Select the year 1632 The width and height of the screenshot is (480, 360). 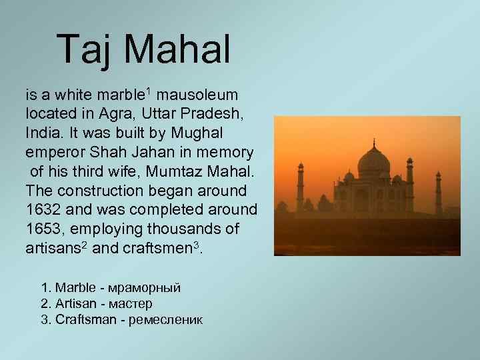point(43,209)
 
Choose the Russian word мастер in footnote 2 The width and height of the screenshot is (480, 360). point(130,304)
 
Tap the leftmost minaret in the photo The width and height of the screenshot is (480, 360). point(301,187)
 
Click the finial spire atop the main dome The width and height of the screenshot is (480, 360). point(373,143)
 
